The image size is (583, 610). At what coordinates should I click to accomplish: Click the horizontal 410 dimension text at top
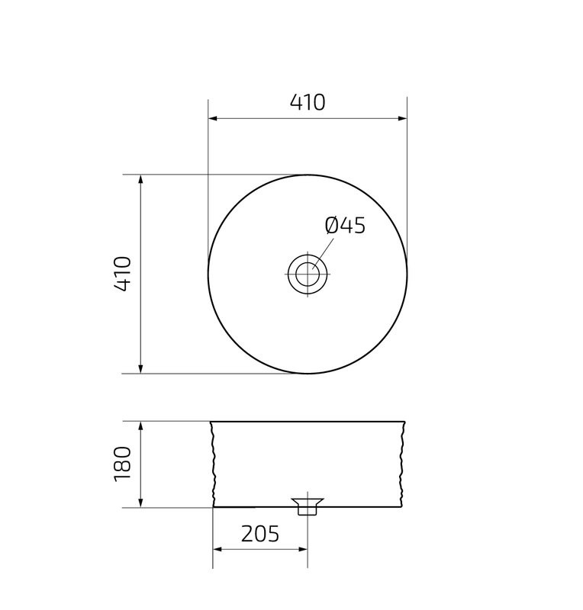(307, 102)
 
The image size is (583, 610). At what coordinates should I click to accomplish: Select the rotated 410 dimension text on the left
(124, 274)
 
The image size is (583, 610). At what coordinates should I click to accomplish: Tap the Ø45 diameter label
(345, 226)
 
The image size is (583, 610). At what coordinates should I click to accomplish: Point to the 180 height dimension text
(124, 464)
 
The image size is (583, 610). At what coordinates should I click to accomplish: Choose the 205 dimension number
(260, 534)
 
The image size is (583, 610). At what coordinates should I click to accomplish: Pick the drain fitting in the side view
(308, 506)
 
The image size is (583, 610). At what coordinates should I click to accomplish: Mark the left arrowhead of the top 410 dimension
(214, 118)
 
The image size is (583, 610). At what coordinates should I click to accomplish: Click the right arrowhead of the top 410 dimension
(401, 118)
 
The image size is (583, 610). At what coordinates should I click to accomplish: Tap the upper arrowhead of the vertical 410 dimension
(141, 180)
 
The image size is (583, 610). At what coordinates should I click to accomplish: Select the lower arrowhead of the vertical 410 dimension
(141, 368)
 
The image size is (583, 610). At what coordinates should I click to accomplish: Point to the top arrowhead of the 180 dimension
(141, 426)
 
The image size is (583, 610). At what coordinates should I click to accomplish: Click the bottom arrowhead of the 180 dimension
(141, 502)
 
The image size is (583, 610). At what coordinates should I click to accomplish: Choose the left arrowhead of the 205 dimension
(217, 548)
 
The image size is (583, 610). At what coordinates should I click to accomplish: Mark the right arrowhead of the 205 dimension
(303, 548)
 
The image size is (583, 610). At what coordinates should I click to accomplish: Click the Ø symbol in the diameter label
(331, 226)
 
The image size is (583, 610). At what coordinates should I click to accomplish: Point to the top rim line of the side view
(308, 421)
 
